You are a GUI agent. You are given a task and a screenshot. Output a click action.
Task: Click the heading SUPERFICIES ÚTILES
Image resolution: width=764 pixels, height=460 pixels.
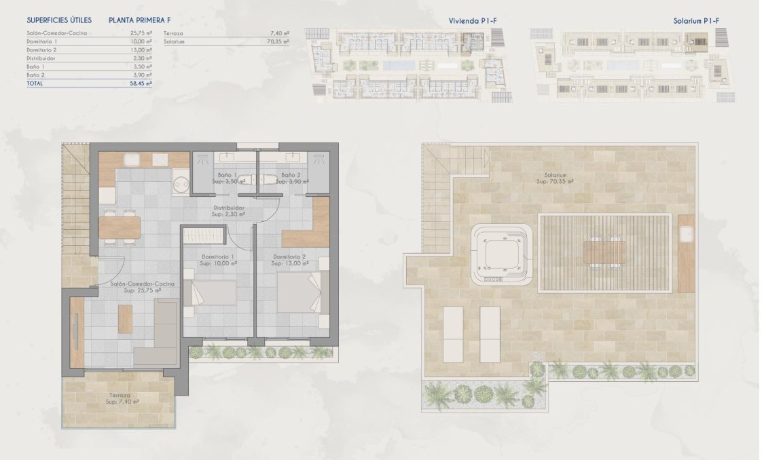(59, 20)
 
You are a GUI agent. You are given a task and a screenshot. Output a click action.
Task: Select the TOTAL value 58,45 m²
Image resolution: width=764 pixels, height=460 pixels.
(141, 83)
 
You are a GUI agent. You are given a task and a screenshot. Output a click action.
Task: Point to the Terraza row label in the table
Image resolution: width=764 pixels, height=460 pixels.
(175, 33)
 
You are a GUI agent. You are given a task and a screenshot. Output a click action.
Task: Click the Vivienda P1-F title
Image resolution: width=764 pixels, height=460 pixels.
(473, 21)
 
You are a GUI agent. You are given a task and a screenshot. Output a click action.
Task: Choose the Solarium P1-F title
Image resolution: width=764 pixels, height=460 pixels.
(696, 21)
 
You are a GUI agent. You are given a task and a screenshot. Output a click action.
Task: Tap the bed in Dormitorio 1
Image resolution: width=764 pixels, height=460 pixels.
(212, 294)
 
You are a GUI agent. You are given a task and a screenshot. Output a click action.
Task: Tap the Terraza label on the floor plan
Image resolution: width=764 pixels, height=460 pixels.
(123, 394)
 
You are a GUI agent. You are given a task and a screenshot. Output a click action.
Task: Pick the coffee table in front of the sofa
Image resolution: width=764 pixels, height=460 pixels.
(125, 319)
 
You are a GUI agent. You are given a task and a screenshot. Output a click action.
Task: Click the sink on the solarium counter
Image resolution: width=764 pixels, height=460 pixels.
(685, 233)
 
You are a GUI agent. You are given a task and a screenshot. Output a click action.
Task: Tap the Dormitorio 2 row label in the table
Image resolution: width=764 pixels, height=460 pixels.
(41, 50)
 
